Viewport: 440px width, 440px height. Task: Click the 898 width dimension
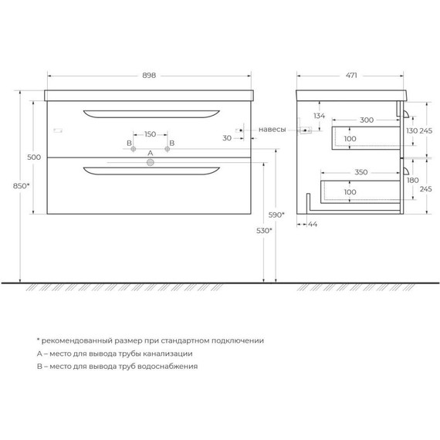pyautogui.click(x=149, y=76)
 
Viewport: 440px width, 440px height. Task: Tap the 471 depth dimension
pyautogui.click(x=351, y=76)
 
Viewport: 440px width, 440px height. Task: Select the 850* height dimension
pyautogui.click(x=21, y=186)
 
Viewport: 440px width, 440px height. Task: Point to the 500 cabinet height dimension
pyautogui.click(x=34, y=157)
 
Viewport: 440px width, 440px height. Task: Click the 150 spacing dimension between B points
pyautogui.click(x=150, y=134)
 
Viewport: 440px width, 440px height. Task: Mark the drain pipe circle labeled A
pyautogui.click(x=151, y=162)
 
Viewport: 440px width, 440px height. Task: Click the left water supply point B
pyautogui.click(x=134, y=149)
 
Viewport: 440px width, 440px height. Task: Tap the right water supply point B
pyautogui.click(x=168, y=149)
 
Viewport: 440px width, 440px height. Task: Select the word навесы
pyautogui.click(x=272, y=130)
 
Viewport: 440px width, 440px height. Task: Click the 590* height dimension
pyautogui.click(x=276, y=215)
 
